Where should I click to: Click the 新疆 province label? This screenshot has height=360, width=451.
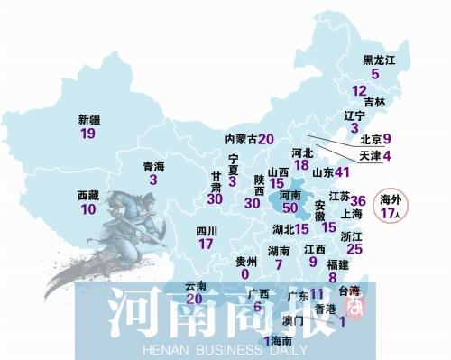[87, 119]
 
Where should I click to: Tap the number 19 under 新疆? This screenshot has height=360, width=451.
[87, 134]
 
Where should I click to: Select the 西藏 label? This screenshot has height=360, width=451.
[87, 195]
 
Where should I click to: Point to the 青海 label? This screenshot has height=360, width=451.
[154, 166]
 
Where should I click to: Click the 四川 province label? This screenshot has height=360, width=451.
[207, 230]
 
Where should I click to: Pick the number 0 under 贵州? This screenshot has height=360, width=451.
[244, 273]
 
